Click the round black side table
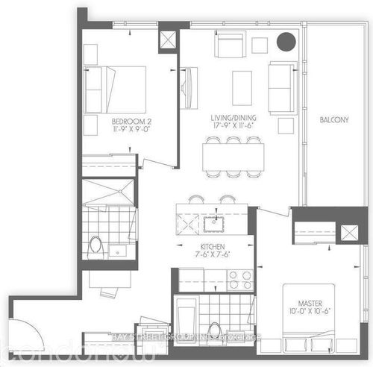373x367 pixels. [286, 43]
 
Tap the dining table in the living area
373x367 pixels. [234, 156]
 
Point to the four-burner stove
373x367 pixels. [240, 280]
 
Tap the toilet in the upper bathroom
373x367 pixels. [95, 244]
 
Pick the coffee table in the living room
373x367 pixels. [242, 87]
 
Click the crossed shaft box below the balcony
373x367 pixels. [348, 232]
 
